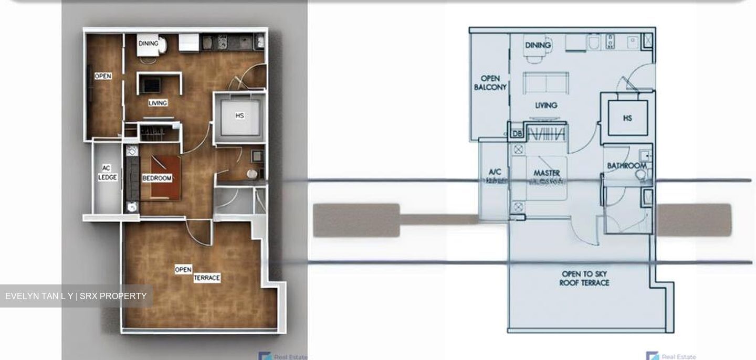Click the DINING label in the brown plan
148,44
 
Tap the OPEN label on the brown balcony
103,76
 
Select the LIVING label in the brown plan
157,103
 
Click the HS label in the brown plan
240,115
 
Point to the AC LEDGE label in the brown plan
107,173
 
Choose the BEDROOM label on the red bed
157,178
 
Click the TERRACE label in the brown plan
207,278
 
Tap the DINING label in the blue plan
538,46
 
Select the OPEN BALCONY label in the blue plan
490,83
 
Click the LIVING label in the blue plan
546,105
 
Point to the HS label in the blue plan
627,119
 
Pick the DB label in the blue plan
517,134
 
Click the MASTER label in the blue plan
547,173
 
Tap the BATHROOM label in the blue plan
626,166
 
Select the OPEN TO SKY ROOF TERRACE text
584,278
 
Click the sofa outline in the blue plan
546,83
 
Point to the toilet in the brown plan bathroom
253,174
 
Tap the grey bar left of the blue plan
356,220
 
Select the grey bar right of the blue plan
694,220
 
